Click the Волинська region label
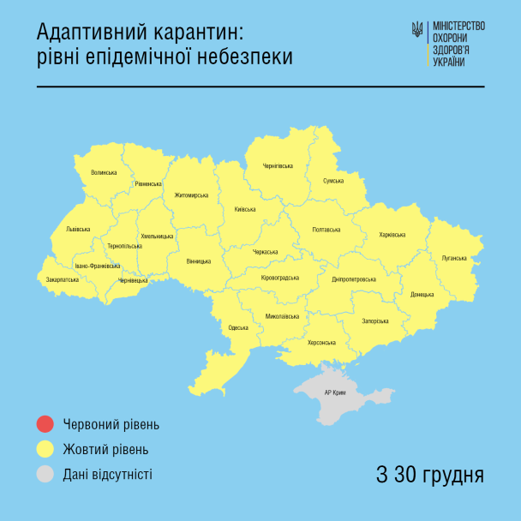click(104, 172)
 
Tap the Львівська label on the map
click(78, 230)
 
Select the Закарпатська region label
click(63, 279)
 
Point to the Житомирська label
click(191, 195)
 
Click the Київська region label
click(245, 209)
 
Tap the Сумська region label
click(333, 181)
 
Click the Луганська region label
click(453, 258)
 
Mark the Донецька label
click(422, 295)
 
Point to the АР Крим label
click(336, 392)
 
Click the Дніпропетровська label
click(353, 279)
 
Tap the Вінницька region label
click(198, 261)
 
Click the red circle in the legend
click(45, 424)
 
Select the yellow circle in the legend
click(45, 449)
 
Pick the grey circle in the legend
click(45, 473)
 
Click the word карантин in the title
click(180, 33)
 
